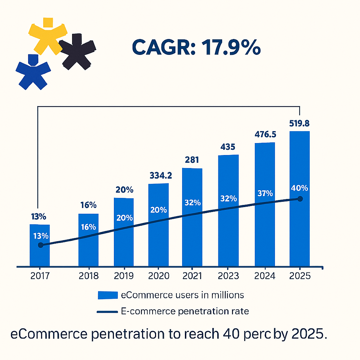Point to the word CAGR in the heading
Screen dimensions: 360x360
coord(162,48)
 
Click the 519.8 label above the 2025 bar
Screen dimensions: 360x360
coord(299,124)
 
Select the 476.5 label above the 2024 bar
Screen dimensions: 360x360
coord(265,135)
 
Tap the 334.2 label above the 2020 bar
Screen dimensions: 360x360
coord(158,175)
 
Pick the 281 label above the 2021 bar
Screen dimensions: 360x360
coord(192,160)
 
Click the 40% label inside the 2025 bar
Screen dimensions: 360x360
coord(300,188)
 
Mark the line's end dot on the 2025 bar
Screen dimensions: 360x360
coord(300,199)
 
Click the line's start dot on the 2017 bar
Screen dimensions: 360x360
coord(40,245)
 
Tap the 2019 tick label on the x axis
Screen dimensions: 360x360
coord(124,276)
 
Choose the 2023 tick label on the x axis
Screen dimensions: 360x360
coord(229,276)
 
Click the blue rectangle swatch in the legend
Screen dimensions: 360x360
coord(108,295)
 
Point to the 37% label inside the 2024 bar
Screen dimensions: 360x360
coord(264,193)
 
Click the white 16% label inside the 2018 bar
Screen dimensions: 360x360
coord(88,227)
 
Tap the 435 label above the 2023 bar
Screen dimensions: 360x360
coord(228,147)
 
